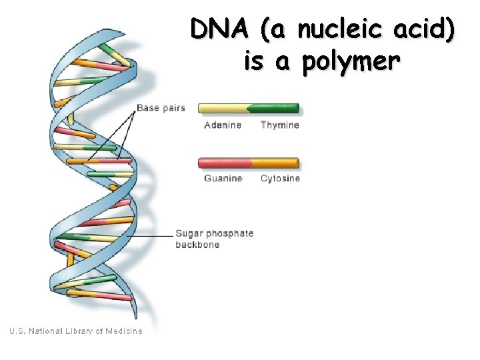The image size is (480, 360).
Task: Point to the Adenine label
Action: (223, 125)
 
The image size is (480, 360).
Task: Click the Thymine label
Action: (280, 125)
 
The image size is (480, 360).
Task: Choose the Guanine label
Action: (223, 178)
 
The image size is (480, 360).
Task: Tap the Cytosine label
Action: (281, 178)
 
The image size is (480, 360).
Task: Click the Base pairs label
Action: (161, 107)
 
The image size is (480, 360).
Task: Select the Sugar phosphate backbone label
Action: (214, 239)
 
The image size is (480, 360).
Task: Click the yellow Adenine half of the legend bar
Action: (223, 108)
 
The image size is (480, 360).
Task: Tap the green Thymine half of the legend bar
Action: (273, 108)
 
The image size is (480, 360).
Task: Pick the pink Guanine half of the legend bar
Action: (225, 162)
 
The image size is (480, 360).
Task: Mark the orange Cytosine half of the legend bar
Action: (275, 162)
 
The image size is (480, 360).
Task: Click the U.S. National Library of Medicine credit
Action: (75, 331)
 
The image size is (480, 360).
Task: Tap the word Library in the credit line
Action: (83, 331)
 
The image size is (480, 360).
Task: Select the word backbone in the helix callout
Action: (197, 245)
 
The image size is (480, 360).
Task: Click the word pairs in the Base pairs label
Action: (173, 107)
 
